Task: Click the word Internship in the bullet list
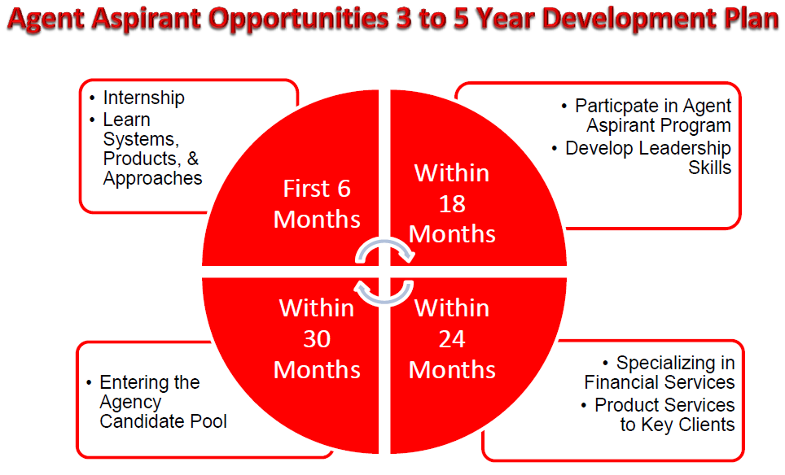click(x=143, y=98)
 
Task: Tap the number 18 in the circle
click(x=452, y=204)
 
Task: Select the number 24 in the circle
click(x=452, y=339)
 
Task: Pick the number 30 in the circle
click(x=317, y=339)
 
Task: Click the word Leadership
click(x=678, y=149)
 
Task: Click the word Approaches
click(x=153, y=179)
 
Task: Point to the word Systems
click(x=141, y=140)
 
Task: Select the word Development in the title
click(x=628, y=19)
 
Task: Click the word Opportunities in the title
click(x=298, y=19)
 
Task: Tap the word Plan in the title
click(x=749, y=18)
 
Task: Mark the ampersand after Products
click(x=193, y=159)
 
